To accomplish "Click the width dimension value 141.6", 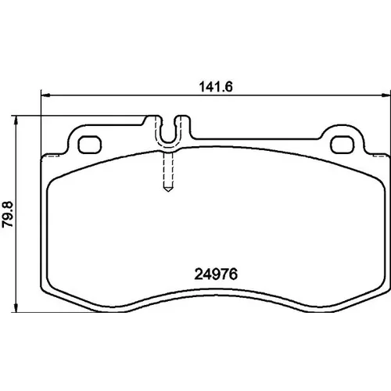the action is (216, 87).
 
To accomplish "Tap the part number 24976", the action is (216, 274).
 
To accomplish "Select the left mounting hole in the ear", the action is (90, 145).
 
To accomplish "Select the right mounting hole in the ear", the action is (343, 145).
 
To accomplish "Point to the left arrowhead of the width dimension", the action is (45, 95).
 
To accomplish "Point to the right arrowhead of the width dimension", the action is (386, 95).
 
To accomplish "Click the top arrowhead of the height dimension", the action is (16, 120).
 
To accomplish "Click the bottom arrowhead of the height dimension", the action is (16, 307).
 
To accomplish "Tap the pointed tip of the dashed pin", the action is (168, 192).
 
